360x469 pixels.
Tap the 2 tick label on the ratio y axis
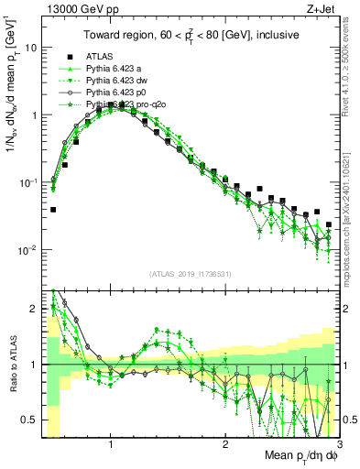click(x=34, y=309)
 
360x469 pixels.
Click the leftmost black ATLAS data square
click(x=53, y=210)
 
